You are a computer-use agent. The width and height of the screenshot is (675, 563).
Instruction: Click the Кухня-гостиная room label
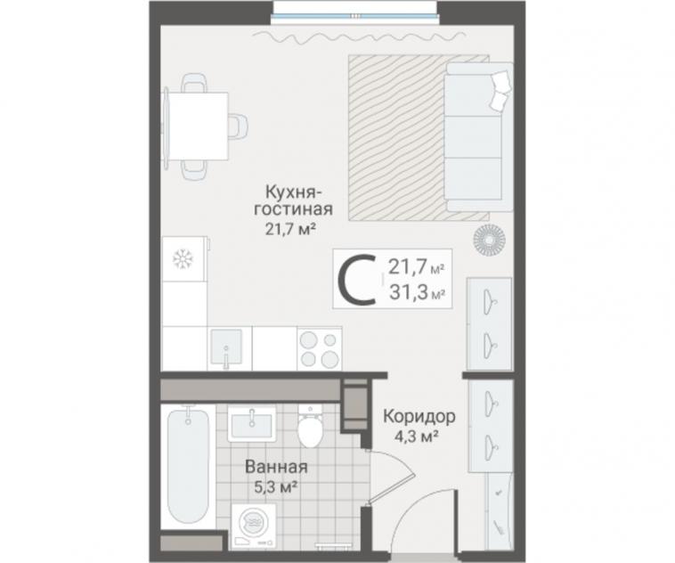tap(293, 200)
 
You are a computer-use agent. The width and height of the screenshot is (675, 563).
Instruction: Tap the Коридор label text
tap(419, 417)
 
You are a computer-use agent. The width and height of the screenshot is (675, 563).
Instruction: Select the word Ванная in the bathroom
tap(276, 467)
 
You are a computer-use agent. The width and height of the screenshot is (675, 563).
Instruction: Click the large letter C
tap(357, 280)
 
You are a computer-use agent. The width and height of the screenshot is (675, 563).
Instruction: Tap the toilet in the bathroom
tap(310, 426)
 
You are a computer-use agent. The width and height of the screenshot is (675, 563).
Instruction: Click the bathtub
tap(188, 466)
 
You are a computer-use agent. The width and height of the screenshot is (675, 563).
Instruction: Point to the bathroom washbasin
tap(252, 425)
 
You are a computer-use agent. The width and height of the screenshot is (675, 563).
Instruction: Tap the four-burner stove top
tap(319, 348)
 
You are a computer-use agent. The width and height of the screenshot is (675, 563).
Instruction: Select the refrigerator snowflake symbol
tap(182, 259)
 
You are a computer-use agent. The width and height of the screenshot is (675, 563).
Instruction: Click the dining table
tap(198, 126)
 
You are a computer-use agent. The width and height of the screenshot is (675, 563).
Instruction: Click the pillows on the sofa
tap(500, 91)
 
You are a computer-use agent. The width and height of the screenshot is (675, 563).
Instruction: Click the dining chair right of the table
tap(239, 126)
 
